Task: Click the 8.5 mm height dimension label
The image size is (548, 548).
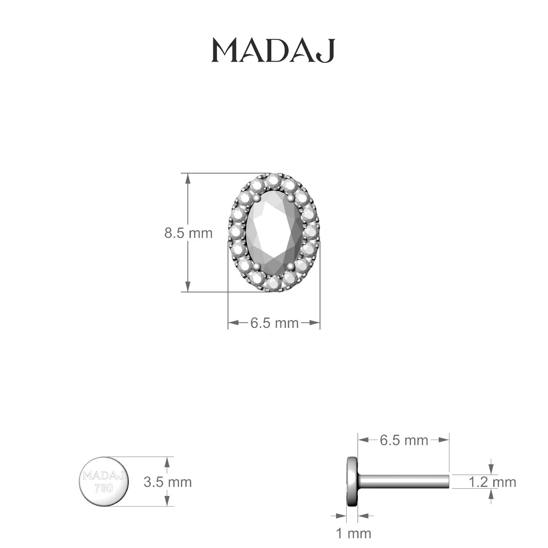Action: (x=188, y=233)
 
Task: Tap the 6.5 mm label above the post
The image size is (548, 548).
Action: (x=404, y=440)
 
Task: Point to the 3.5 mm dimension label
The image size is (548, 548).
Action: (x=168, y=482)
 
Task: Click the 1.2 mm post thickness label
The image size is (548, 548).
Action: (x=492, y=482)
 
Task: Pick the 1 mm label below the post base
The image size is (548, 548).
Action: (x=353, y=532)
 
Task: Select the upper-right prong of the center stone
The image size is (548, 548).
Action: (x=291, y=198)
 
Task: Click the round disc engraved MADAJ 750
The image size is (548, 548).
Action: (x=104, y=481)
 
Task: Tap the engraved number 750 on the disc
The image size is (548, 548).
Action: (x=104, y=487)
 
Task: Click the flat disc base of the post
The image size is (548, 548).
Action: (x=352, y=481)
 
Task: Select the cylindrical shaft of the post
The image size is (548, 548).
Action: (x=404, y=481)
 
